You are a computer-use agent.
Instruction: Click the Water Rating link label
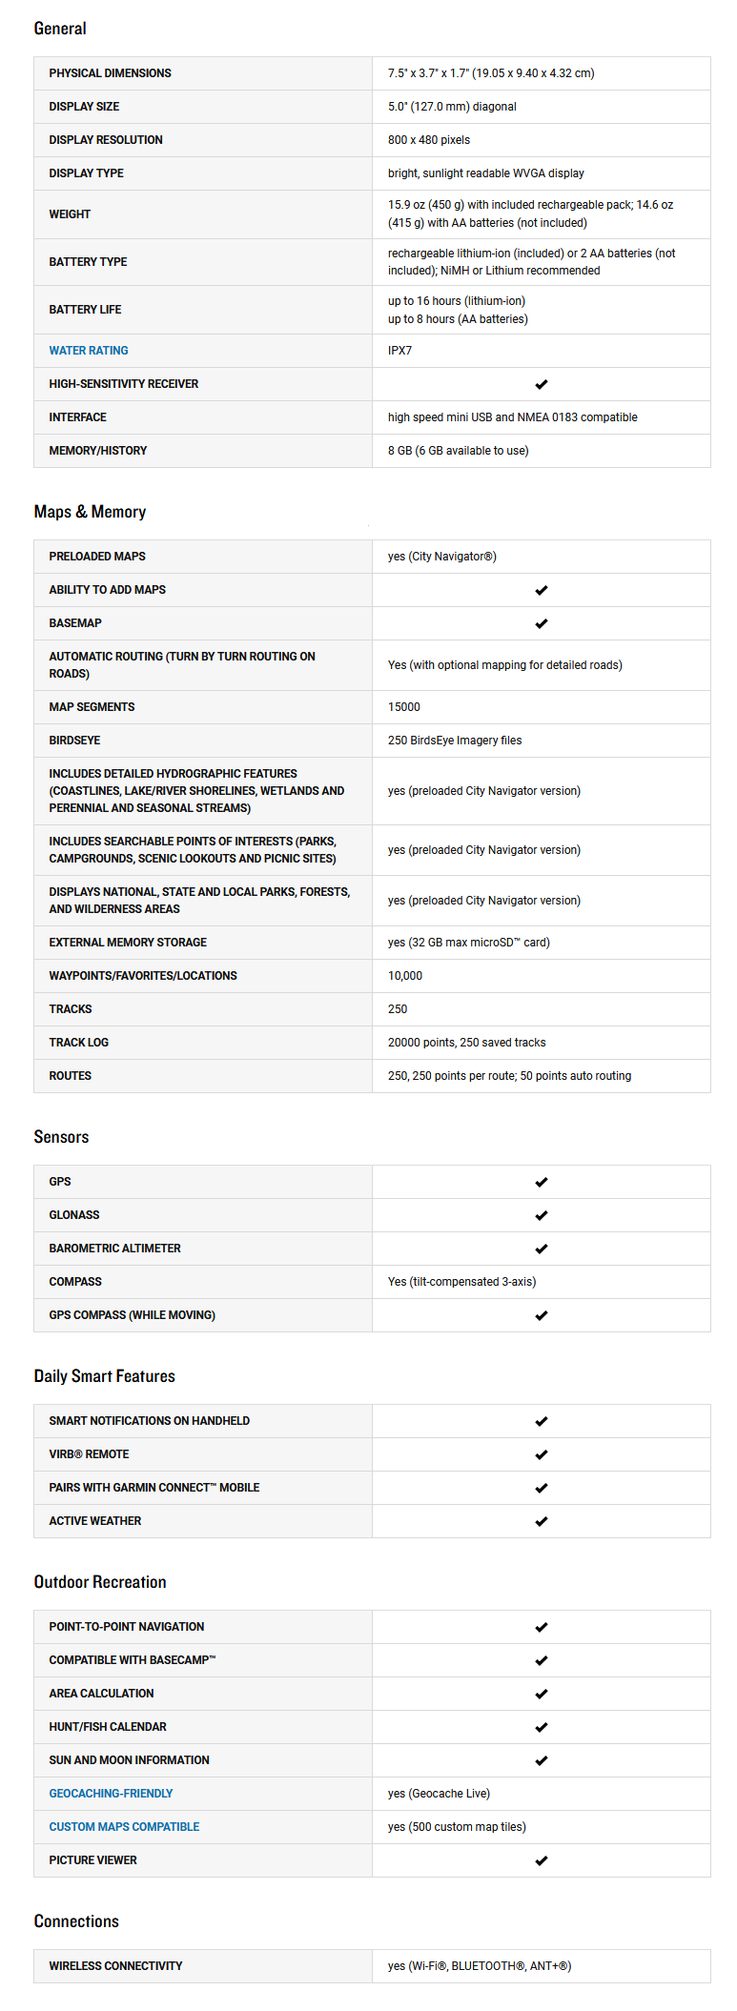[x=89, y=351]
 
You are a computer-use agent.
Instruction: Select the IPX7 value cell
[x=400, y=351]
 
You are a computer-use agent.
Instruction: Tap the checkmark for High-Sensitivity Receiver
[x=541, y=384]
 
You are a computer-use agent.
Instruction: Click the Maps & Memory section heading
[x=90, y=512]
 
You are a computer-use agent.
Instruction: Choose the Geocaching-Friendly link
[x=111, y=1794]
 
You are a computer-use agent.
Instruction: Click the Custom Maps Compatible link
[x=124, y=1827]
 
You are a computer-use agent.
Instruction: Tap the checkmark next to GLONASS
[x=541, y=1215]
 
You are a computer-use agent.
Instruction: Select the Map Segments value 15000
[x=404, y=707]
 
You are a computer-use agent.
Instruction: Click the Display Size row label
[x=84, y=107]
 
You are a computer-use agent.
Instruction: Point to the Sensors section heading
[x=61, y=1137]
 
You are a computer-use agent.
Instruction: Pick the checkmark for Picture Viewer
[x=541, y=1860]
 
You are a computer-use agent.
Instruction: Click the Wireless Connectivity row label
[x=115, y=1966]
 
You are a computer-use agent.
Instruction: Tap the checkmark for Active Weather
[x=541, y=1521]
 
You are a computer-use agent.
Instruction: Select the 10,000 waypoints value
[x=405, y=976]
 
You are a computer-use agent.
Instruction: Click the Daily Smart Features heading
[x=104, y=1376]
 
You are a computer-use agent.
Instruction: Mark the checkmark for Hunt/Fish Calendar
[x=541, y=1727]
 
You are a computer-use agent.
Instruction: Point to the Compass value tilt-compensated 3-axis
[x=461, y=1282]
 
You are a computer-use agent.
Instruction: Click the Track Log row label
[x=78, y=1043]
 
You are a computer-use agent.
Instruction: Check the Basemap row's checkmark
[x=541, y=623]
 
